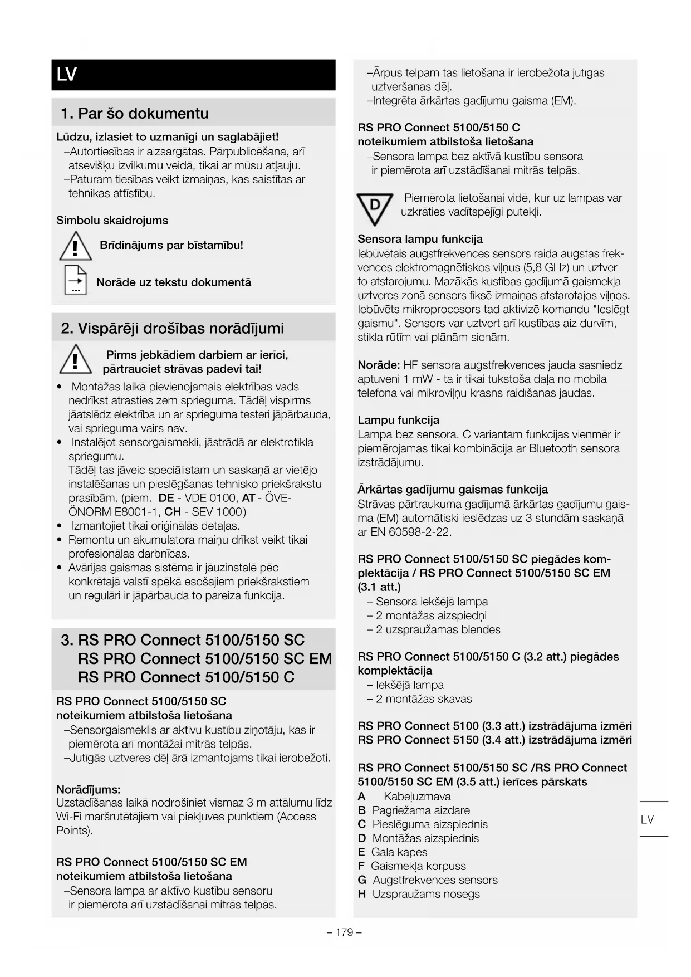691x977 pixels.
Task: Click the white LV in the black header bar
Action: [66, 75]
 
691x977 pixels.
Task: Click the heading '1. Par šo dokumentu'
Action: [135, 114]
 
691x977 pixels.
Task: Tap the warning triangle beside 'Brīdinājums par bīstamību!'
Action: [75, 246]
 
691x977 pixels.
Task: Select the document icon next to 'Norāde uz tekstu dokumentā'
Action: [76, 280]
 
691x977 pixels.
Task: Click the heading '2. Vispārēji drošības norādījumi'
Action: [173, 328]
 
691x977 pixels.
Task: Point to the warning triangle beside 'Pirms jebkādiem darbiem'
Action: [75, 359]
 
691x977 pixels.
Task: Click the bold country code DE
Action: [166, 498]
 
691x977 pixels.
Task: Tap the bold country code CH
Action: [173, 512]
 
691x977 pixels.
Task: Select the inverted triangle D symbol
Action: [375, 207]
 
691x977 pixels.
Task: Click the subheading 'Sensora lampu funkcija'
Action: [420, 239]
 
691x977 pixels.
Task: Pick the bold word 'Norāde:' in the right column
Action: [379, 365]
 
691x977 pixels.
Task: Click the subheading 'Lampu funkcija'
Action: [398, 420]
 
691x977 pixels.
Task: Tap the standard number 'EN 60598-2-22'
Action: [410, 532]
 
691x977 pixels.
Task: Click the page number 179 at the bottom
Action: [344, 932]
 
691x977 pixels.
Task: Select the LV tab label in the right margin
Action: [647, 819]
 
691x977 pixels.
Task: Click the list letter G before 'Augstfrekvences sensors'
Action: [362, 880]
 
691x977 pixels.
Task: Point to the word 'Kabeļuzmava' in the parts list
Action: [417, 797]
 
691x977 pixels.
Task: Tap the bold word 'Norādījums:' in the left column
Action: [89, 789]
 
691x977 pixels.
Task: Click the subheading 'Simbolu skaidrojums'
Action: [112, 221]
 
